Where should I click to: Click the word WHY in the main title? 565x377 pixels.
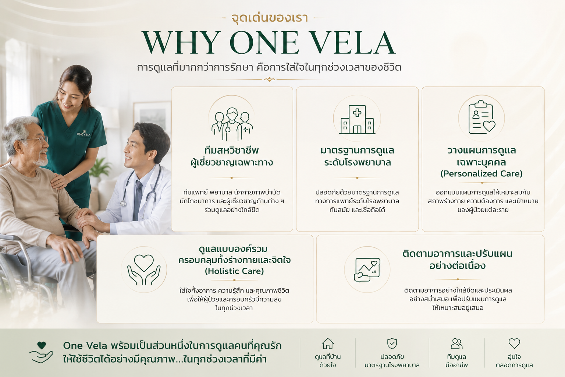tap(181, 42)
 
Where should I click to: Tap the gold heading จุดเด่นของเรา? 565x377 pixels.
tap(270, 18)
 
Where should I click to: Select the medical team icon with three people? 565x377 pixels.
tap(232, 124)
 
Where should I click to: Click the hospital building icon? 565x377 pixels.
tap(357, 119)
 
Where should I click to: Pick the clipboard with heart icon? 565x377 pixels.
tap(482, 117)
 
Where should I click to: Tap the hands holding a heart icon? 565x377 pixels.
tap(144, 270)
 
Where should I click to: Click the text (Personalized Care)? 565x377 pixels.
tap(482, 173)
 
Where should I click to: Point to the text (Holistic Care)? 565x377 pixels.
tap(234, 271)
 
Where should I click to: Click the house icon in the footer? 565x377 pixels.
tap(328, 343)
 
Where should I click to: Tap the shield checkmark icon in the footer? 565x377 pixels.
tap(392, 343)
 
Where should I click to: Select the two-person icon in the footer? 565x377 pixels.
tap(456, 343)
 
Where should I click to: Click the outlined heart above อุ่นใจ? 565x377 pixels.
tap(514, 343)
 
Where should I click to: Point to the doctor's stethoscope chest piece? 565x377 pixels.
tap(123, 203)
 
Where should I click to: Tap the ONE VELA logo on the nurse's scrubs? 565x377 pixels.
tap(83, 133)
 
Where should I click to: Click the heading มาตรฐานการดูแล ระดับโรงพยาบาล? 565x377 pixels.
tap(357, 156)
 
